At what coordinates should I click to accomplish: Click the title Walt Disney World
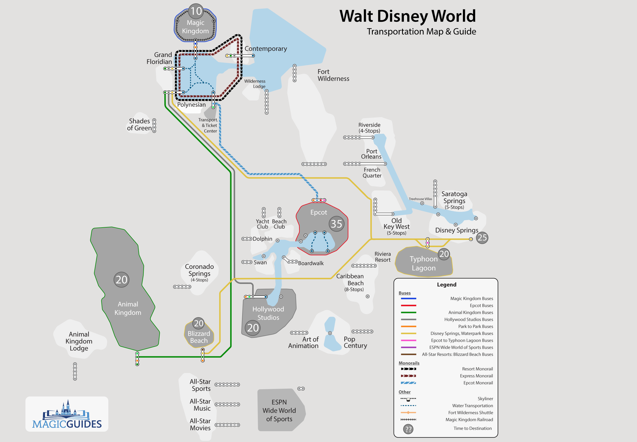coord(407,16)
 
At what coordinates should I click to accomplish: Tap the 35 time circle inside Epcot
coord(336,224)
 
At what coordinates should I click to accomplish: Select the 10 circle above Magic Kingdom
coord(196,11)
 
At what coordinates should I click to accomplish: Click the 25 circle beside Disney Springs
coord(482,238)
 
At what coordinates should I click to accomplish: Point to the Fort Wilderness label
coord(333,75)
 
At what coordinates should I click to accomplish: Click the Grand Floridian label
coord(159,58)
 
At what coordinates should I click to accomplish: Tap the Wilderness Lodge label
coord(255,83)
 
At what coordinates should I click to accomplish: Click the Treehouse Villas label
coord(420,199)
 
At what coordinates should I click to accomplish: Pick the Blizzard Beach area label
coord(199,337)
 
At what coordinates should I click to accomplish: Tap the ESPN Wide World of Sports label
coord(279,410)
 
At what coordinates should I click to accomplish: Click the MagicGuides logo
coord(67,414)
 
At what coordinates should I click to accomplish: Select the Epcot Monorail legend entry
coord(478,383)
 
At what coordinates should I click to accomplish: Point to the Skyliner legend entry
coord(485,399)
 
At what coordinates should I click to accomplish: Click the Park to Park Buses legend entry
coord(475,326)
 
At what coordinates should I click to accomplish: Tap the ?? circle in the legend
coord(408,429)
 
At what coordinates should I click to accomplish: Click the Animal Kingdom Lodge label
coord(79,341)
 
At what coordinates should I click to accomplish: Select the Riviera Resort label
coord(383,257)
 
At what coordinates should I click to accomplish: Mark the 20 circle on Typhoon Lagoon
coord(444,254)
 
